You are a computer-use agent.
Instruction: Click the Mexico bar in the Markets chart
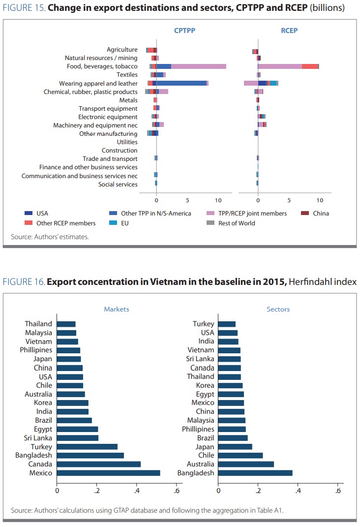pyautogui.click(x=108, y=473)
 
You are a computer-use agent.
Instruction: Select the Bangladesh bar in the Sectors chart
pyautogui.click(x=255, y=473)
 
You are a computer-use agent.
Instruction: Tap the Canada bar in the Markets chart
pyautogui.click(x=98, y=464)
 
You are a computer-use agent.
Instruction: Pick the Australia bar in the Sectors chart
pyautogui.click(x=245, y=464)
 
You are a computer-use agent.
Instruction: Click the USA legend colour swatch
pyautogui.click(x=29, y=214)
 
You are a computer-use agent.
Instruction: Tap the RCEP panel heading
pyautogui.click(x=289, y=31)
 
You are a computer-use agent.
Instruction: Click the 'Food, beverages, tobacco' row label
pyautogui.click(x=102, y=66)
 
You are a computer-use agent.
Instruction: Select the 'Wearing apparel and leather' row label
pyautogui.click(x=98, y=84)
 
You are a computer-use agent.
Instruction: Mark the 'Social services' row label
pyautogui.click(x=118, y=185)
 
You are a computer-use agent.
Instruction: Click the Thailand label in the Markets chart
pyautogui.click(x=38, y=324)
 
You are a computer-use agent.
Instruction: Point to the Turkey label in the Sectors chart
pyautogui.click(x=204, y=324)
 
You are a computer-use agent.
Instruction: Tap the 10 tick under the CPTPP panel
pyautogui.click(x=218, y=201)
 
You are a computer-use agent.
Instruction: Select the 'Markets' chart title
pyautogui.click(x=117, y=310)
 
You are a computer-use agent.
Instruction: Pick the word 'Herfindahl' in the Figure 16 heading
pyautogui.click(x=308, y=282)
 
